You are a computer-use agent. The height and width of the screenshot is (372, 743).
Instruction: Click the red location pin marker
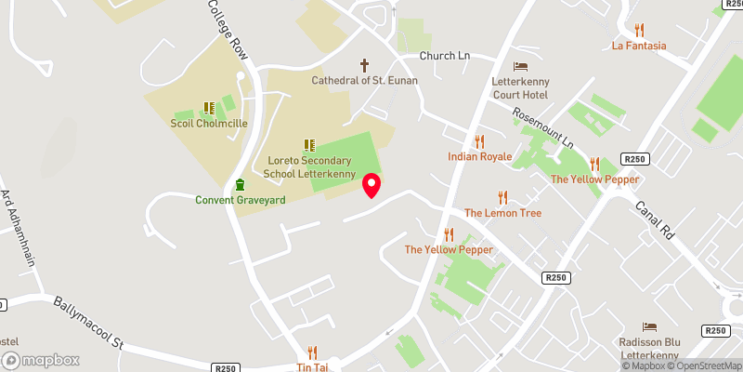click(371, 185)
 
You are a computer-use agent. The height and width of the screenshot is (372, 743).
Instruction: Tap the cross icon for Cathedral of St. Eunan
click(364, 65)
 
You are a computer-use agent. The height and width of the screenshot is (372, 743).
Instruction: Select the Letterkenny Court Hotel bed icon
click(520, 65)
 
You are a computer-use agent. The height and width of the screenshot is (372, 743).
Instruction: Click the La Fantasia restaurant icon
click(638, 30)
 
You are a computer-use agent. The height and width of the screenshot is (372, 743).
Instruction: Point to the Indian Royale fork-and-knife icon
click(479, 141)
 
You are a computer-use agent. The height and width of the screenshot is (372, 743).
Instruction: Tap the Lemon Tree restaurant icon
click(502, 197)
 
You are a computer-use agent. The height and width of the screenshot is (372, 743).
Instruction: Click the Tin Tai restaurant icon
click(312, 352)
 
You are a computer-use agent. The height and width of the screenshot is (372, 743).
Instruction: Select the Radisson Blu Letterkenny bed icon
click(650, 326)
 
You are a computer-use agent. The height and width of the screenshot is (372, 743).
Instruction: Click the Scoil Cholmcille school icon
click(208, 108)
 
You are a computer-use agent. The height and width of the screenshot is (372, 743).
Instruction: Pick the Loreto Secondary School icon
click(308, 145)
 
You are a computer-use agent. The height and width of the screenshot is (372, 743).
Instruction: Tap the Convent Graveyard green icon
click(240, 184)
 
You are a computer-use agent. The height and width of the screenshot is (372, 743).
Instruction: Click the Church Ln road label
click(445, 56)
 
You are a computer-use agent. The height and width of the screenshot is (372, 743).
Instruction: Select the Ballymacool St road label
click(88, 324)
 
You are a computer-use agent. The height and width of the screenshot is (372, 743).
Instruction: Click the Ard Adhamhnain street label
click(20, 227)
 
